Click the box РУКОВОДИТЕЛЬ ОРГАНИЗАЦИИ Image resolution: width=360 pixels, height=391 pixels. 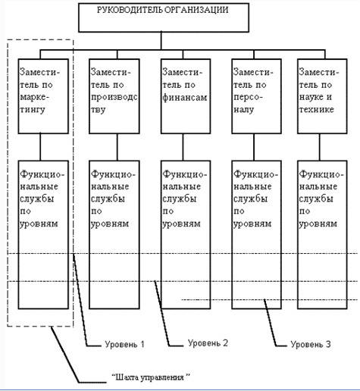[x=164, y=17]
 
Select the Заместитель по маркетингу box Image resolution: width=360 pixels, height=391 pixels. [x=43, y=96]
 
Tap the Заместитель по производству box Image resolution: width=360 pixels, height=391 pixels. [x=114, y=96]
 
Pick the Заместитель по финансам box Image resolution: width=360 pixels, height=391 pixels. [x=186, y=96]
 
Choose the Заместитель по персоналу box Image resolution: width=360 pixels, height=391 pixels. [x=256, y=96]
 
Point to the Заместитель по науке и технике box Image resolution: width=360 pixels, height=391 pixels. [x=322, y=96]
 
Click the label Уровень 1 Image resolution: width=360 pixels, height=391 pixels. [x=124, y=344]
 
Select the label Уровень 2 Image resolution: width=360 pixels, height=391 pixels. [x=208, y=343]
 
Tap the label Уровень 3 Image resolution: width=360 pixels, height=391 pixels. [x=311, y=344]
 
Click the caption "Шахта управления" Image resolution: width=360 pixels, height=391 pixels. [x=151, y=377]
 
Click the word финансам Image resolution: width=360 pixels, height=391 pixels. [x=185, y=98]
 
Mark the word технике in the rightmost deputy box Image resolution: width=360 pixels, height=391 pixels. [x=317, y=109]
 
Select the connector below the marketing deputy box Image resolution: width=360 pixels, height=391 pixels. [x=40, y=147]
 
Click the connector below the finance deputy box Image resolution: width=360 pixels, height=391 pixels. [x=183, y=147]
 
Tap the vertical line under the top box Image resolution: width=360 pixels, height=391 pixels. [x=161, y=41]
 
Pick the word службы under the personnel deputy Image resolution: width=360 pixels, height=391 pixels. [x=250, y=199]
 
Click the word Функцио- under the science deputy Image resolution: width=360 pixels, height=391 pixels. [x=321, y=174]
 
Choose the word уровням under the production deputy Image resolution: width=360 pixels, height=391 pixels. [x=110, y=224]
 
